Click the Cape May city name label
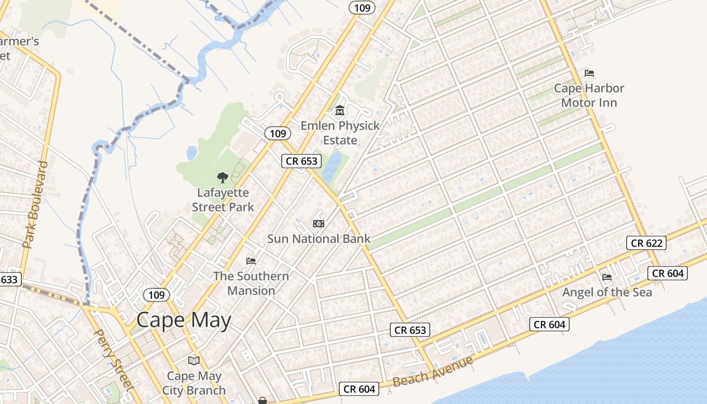[184, 320]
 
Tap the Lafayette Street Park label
[223, 200]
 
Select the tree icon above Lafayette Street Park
[222, 178]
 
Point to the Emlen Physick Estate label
[340, 133]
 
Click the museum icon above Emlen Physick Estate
[340, 110]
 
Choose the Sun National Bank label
[319, 239]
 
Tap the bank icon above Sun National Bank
[319, 223]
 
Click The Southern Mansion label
[251, 283]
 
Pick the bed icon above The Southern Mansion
[251, 261]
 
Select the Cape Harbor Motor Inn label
[589, 95]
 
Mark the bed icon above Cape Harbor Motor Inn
[589, 73]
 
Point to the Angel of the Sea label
[607, 292]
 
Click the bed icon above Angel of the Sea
[607, 277]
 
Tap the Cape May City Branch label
[194, 383]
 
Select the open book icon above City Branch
[194, 361]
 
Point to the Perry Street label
[114, 360]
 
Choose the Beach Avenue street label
[433, 371]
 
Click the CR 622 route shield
[646, 243]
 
